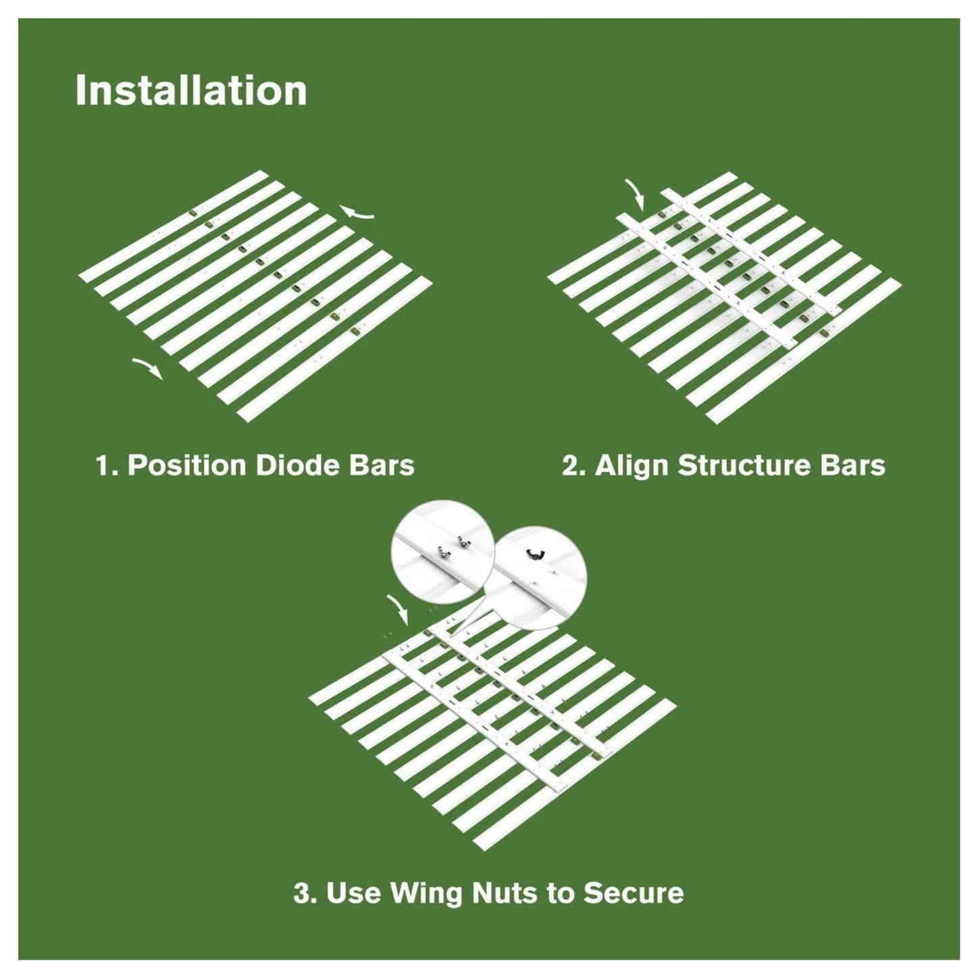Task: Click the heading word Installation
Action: (191, 91)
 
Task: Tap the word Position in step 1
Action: (187, 465)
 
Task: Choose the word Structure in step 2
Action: (745, 465)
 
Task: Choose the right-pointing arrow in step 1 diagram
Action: (147, 368)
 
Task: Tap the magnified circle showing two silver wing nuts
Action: (442, 551)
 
